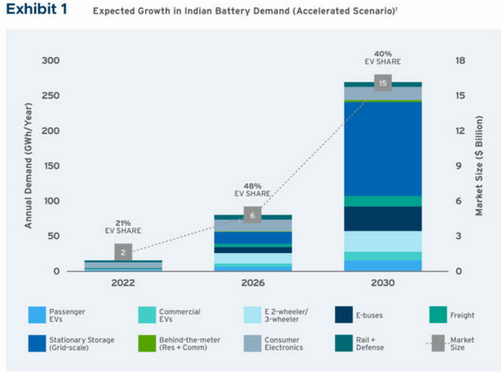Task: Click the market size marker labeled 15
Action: (382, 83)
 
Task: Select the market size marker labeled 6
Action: (251, 215)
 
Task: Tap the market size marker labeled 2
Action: (122, 251)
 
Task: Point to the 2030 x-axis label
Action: (382, 284)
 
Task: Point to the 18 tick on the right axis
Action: (458, 61)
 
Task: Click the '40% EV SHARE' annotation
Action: (382, 58)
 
